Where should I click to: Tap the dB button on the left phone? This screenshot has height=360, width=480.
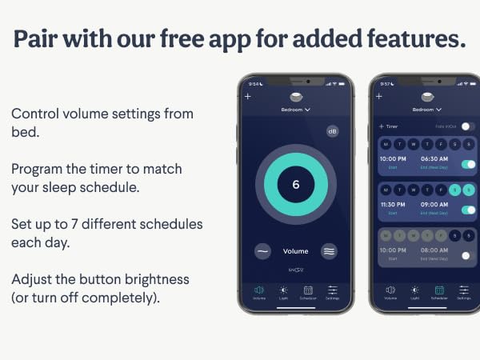[332, 130]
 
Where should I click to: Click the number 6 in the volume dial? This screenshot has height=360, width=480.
[295, 184]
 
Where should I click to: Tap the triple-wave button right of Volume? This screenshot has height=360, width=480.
[330, 250]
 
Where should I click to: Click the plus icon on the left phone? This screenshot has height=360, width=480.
[248, 96]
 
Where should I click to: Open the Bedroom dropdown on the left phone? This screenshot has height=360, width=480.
[295, 109]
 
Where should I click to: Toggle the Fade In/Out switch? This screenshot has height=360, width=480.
[467, 126]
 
